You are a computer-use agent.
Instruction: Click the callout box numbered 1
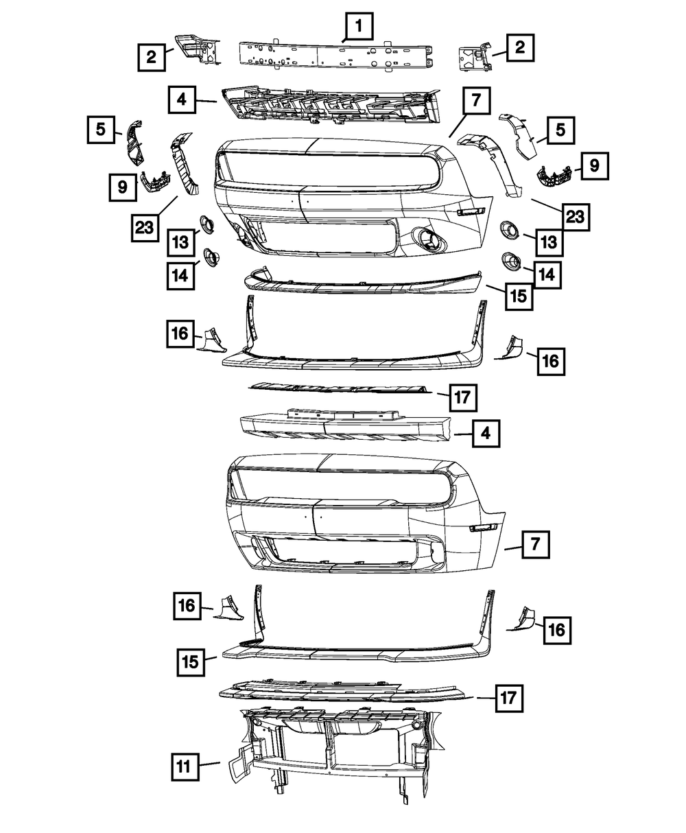pyautogui.click(x=359, y=30)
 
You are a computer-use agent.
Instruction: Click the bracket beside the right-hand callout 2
pyautogui.click(x=474, y=53)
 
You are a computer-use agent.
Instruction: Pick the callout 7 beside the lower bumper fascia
pyautogui.click(x=535, y=545)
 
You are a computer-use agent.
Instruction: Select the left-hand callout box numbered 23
pyautogui.click(x=145, y=228)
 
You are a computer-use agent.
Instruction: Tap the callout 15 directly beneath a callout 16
pyautogui.click(x=190, y=662)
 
